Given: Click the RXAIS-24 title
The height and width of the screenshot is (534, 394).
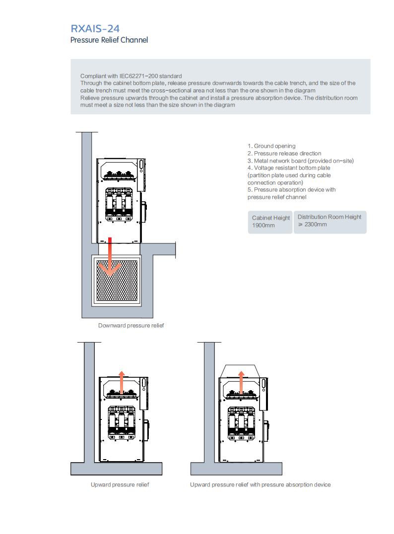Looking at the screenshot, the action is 95,29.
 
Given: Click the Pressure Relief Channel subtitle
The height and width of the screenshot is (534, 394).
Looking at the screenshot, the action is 109,40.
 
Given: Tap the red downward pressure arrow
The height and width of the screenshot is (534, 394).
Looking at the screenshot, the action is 110,257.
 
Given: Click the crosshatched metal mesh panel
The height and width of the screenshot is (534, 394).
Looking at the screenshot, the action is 117,281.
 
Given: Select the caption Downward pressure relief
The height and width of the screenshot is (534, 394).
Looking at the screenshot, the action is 131,326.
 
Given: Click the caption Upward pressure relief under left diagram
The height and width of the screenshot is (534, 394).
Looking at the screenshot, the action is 120,484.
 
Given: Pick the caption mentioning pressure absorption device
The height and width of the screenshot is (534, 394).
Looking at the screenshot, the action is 260,484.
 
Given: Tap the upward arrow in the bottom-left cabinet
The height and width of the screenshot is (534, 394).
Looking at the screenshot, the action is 122,382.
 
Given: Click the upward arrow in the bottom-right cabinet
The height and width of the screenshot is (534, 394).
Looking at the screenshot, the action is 241,382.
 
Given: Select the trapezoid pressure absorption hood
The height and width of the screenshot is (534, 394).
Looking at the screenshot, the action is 238,371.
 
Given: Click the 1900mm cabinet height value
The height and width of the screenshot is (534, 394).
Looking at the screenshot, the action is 263,225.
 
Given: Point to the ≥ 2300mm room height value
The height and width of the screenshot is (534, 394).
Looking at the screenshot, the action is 313,225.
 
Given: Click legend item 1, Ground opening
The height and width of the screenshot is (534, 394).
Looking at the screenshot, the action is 271,146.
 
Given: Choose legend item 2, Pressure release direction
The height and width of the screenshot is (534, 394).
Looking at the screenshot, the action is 284,154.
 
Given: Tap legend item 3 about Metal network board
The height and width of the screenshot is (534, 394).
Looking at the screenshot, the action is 301,161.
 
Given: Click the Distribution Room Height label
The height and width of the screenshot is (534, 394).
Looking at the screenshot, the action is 329,217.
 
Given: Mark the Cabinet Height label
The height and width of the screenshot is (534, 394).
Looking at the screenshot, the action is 271,218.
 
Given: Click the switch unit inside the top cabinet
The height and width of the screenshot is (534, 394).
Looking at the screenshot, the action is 119,204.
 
